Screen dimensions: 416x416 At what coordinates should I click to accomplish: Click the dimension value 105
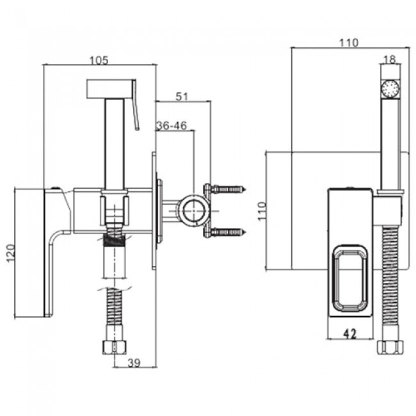pos(99,61)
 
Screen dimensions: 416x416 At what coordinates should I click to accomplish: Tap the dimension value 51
pos(182,97)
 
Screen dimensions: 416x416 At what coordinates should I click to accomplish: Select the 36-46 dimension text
pos(172,125)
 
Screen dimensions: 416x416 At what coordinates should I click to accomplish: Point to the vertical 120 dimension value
pos(11,253)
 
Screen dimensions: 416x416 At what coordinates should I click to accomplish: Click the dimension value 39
pos(134,363)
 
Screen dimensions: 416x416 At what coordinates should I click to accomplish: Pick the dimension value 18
pos(390,60)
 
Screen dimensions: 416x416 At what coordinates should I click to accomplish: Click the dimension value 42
pos(350,334)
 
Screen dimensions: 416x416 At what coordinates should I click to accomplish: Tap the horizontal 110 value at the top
pos(349,42)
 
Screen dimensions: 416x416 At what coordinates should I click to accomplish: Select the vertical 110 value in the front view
pos(262,211)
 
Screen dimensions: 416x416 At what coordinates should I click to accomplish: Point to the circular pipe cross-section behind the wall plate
pos(193,211)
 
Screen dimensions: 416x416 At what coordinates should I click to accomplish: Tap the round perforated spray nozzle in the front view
pos(390,88)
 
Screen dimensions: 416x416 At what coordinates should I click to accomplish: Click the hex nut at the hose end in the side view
pos(115,348)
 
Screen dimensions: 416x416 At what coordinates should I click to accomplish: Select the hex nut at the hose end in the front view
pos(390,348)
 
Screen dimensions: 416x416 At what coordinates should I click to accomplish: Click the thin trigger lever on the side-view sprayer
pos(136,105)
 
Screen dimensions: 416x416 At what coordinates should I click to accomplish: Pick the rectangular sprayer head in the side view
pos(109,89)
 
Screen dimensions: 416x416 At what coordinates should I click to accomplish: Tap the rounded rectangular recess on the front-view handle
pos(350,278)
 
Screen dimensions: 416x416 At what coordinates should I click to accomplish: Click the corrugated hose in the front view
pos(390,284)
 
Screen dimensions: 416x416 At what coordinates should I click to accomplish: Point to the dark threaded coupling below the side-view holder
pos(115,241)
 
